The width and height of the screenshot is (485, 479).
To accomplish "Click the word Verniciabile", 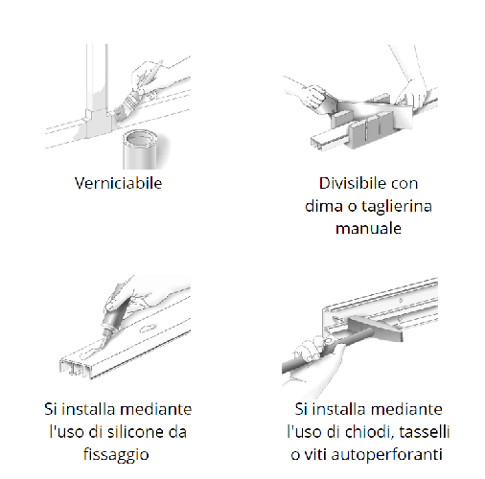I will pyautogui.click(x=117, y=183).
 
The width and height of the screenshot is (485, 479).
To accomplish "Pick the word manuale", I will pyautogui.click(x=368, y=229).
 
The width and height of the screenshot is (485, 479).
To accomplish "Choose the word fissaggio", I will pyautogui.click(x=115, y=454).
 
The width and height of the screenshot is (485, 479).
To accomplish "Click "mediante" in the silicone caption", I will pyautogui.click(x=157, y=408).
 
